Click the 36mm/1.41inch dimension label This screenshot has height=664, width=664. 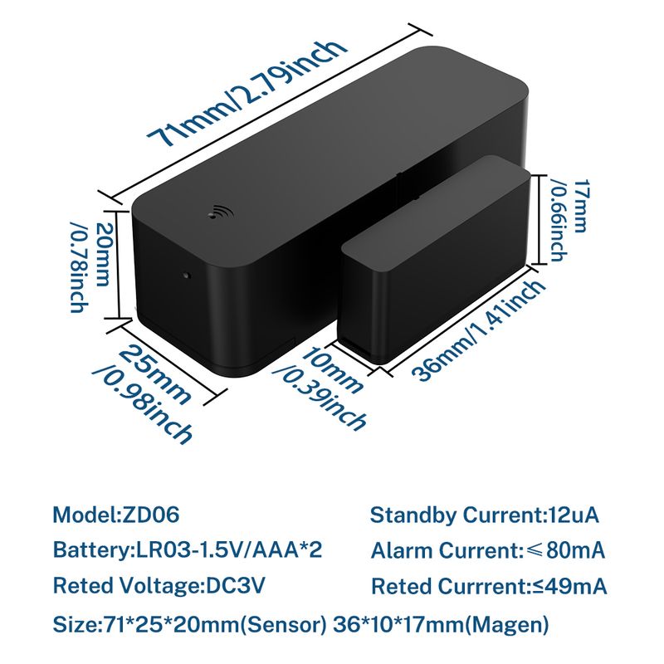click(x=480, y=330)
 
